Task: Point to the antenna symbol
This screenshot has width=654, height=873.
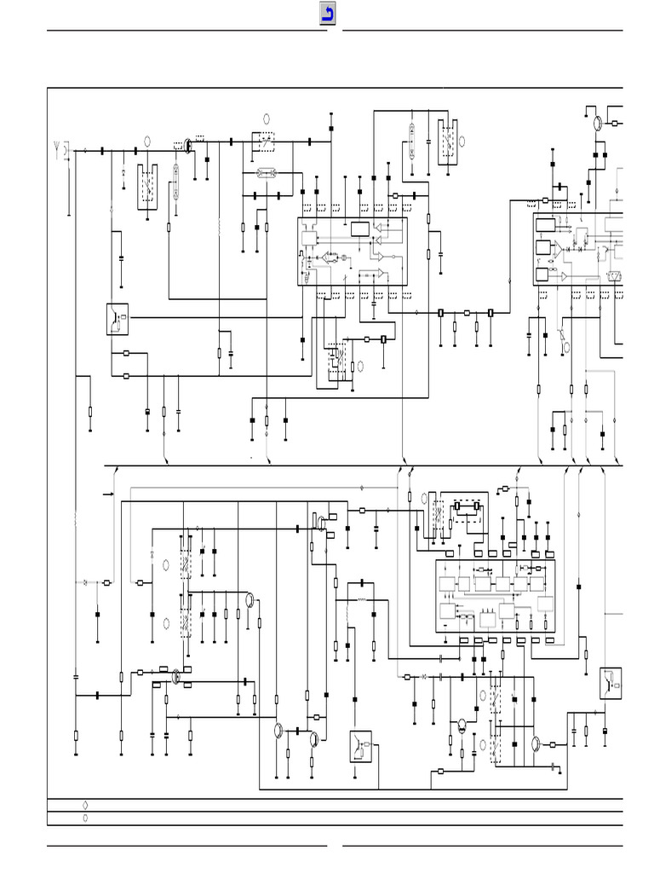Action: (x=57, y=150)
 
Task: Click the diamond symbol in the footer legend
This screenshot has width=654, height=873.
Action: (x=85, y=805)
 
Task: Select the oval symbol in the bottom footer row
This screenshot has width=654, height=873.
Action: (x=85, y=818)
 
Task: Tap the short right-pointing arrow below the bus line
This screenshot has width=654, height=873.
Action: (x=108, y=494)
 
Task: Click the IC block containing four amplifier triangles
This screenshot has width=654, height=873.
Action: (x=352, y=252)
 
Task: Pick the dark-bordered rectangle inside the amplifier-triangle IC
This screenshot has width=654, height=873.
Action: (x=360, y=228)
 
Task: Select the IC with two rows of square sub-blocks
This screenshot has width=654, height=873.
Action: (x=495, y=596)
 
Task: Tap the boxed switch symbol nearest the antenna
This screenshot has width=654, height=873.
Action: (x=117, y=318)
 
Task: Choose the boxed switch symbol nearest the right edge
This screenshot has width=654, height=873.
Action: (x=610, y=683)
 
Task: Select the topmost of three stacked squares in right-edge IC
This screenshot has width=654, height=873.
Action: (x=544, y=225)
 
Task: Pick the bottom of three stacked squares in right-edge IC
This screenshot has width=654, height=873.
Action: (x=542, y=275)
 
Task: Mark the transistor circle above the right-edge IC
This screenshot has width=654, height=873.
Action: (x=599, y=123)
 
